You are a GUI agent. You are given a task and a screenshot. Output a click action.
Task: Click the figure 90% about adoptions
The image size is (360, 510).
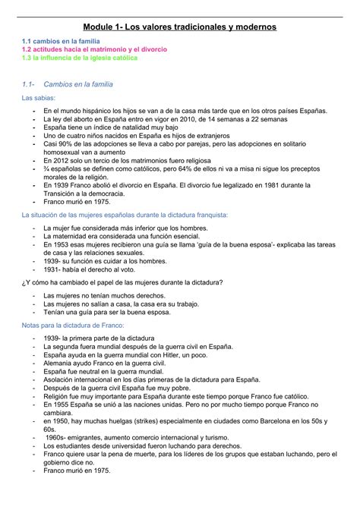pos(65,143)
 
